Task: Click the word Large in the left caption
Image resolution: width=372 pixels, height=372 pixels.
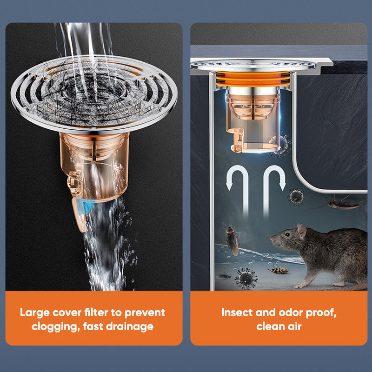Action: point(36,312)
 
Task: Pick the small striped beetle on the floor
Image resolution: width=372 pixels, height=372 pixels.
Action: point(279,270)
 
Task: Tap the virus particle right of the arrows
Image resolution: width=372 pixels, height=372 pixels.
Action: point(296,196)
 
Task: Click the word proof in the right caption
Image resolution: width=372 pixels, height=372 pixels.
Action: point(321,312)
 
